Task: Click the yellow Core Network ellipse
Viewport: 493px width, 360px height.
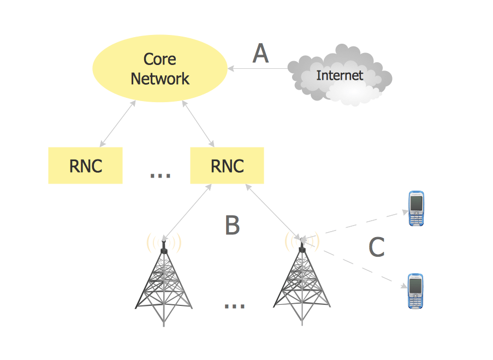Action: [x=160, y=68]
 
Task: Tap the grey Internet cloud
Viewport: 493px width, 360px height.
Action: [x=340, y=75]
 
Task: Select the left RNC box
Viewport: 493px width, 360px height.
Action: [x=85, y=166]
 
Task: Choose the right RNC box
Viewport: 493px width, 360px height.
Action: [x=227, y=166]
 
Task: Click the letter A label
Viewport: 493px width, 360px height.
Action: [x=260, y=53]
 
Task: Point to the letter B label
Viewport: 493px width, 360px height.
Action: [x=233, y=225]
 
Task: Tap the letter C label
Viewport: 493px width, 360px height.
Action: [x=376, y=247]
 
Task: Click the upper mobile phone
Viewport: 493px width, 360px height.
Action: [x=416, y=208]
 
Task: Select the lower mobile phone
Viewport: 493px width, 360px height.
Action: [x=415, y=291]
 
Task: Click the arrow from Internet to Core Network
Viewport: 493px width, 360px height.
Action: [x=258, y=68]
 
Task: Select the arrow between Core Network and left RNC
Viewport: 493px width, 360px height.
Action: [x=117, y=123]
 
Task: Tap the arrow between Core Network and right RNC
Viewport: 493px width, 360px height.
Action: [x=198, y=123]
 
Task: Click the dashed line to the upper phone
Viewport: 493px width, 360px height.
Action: [x=355, y=225]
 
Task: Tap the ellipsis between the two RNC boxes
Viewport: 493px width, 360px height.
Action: [x=161, y=175]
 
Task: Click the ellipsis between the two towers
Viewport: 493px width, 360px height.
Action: [x=235, y=305]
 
